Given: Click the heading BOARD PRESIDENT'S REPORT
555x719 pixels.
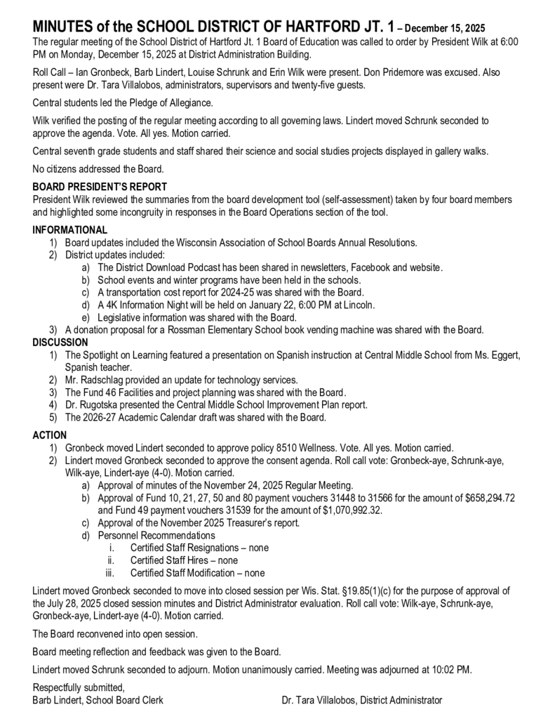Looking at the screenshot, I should (100, 187).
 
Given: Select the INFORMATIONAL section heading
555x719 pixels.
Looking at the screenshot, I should (70, 230).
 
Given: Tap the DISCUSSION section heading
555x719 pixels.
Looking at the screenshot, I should (60, 343).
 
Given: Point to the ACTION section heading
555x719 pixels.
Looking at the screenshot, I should (50, 436).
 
